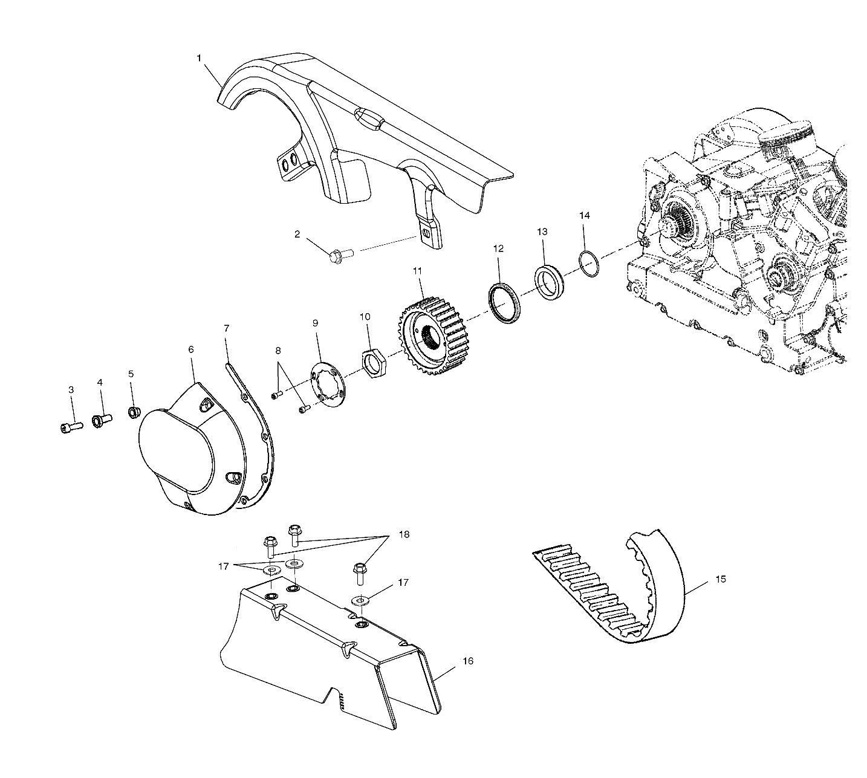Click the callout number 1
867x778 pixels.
(x=199, y=58)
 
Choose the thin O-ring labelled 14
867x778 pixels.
(x=589, y=264)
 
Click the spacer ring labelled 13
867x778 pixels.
(x=550, y=282)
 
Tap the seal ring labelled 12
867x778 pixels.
(x=506, y=302)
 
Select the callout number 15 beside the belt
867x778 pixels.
(x=720, y=579)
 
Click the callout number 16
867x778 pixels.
(x=468, y=661)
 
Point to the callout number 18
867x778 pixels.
(x=404, y=534)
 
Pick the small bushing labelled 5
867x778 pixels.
(x=134, y=412)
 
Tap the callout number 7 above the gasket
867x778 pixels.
(x=226, y=328)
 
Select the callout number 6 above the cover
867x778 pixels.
(x=191, y=349)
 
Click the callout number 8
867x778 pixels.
(x=278, y=351)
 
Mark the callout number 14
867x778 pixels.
(x=585, y=215)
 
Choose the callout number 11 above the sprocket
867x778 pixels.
(x=417, y=270)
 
